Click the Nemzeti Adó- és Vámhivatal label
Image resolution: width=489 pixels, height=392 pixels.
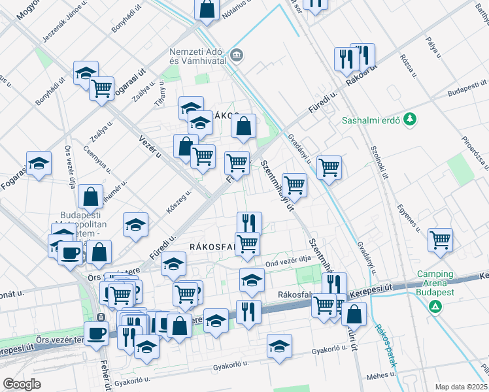pyautogui.click(x=197, y=57)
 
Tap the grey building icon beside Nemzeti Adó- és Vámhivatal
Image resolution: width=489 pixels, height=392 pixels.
pyautogui.click(x=236, y=54)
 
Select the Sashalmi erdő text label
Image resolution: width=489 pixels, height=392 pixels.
pyautogui.click(x=371, y=120)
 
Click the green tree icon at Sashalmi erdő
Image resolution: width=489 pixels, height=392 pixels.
pyautogui.click(x=409, y=119)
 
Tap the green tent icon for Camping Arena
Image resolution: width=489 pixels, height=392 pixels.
pyautogui.click(x=433, y=305)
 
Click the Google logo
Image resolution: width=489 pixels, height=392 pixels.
pyautogui.click(x=22, y=384)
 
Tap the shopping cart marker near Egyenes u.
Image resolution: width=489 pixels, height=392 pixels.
pyautogui.click(x=441, y=239)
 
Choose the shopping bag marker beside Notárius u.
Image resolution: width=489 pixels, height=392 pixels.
pyautogui.click(x=207, y=10)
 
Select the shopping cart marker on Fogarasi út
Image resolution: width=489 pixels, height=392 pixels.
pyautogui.click(x=101, y=88)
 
